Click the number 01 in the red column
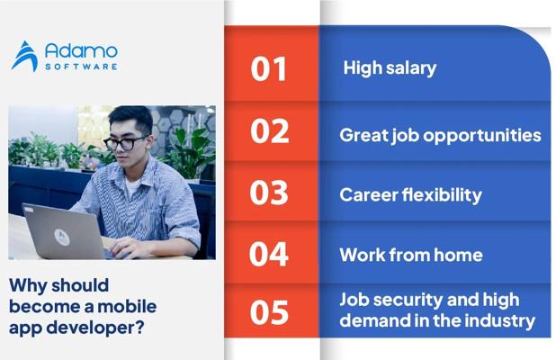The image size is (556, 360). tap(268, 69)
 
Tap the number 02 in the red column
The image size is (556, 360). tap(270, 130)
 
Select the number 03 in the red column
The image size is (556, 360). tap(269, 193)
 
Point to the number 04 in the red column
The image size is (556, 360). tap(268, 254)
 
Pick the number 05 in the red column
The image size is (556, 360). tap(269, 312)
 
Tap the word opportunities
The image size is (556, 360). tap(482, 136)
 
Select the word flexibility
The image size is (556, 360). tap(442, 195)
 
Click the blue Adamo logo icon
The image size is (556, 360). tap(25, 56)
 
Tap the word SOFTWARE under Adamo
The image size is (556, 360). tap(81, 67)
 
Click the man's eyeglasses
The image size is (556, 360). tap(125, 143)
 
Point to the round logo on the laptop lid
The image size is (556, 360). tap(62, 237)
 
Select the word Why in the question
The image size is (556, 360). tap(28, 286)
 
